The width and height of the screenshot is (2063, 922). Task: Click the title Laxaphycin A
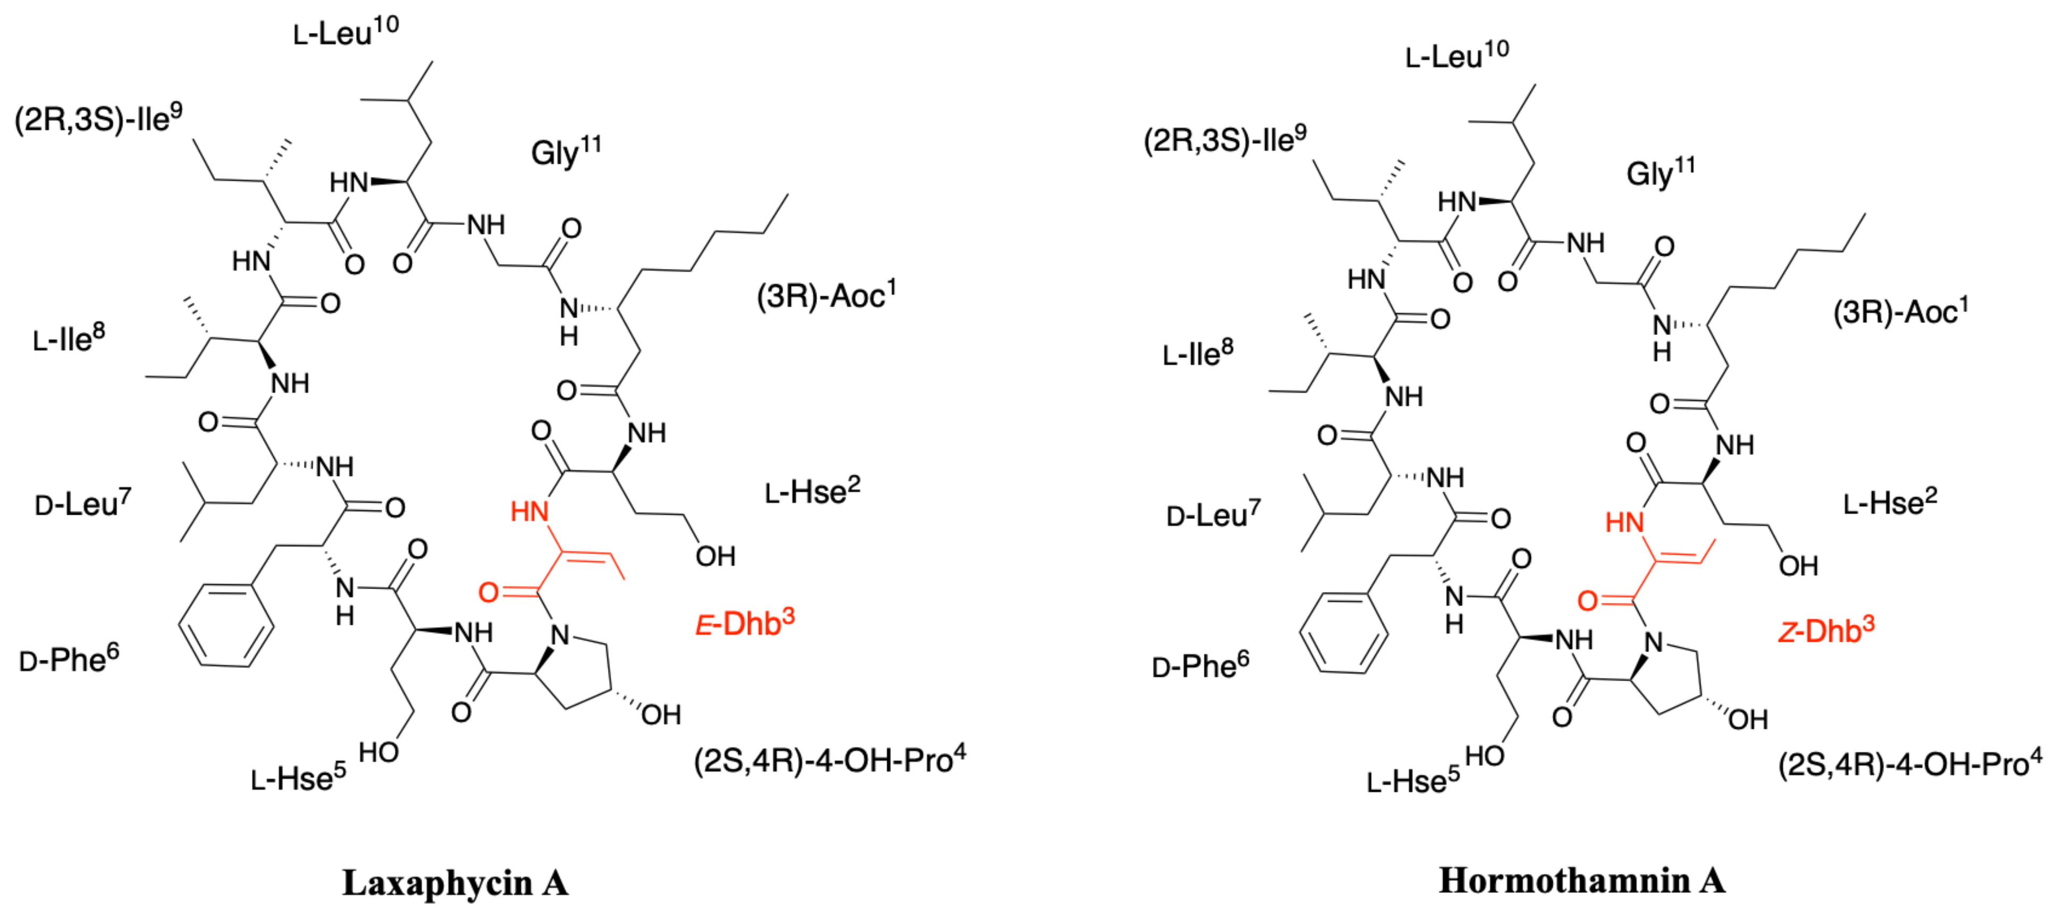455,883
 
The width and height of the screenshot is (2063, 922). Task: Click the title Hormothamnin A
1582,881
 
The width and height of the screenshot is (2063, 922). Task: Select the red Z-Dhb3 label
1826,631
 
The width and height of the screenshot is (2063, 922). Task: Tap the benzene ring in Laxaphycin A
226,625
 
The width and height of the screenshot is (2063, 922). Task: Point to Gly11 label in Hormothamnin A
1660,172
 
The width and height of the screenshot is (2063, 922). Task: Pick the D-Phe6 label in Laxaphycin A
69,659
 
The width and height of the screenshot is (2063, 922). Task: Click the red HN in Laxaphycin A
529,511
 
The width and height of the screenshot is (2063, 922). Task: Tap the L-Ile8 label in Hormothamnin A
1197,353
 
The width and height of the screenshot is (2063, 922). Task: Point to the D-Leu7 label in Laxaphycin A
82,504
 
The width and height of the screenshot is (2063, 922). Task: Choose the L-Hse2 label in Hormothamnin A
1890,502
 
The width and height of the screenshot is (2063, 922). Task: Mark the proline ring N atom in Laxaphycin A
560,635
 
